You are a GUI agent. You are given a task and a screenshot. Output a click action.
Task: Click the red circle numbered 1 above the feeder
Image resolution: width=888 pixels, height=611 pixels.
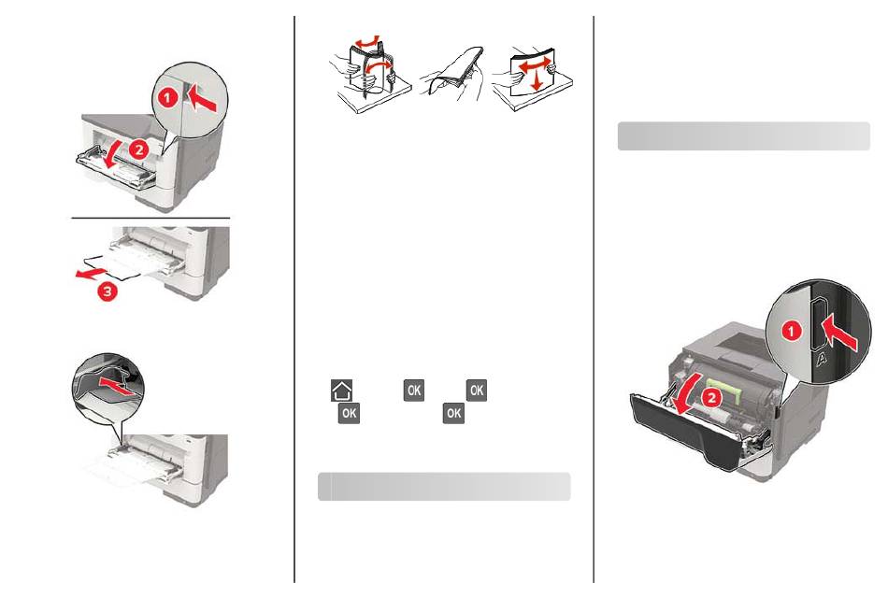point(167,98)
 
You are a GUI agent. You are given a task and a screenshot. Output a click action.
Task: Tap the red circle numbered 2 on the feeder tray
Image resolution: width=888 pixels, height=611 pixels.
point(138,149)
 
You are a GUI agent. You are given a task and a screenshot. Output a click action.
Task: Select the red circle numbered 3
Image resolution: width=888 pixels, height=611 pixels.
point(107,291)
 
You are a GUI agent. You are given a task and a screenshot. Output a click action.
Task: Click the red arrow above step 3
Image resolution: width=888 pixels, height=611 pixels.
point(92,273)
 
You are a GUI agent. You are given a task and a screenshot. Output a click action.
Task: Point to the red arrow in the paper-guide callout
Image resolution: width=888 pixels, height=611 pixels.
point(118,387)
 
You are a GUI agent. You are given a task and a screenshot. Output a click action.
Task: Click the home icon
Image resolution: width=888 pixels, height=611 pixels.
point(341,391)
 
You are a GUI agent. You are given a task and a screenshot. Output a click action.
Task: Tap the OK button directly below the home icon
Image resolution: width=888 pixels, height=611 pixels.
point(349,413)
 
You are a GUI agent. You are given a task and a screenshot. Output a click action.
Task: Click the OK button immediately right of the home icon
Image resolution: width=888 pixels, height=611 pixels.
point(414,391)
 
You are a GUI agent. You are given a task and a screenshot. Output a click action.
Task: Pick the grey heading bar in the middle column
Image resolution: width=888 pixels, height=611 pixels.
point(444,487)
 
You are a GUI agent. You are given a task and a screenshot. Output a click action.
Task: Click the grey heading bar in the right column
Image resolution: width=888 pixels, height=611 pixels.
point(744,135)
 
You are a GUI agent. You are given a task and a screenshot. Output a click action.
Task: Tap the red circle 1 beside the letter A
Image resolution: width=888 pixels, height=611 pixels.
point(791,331)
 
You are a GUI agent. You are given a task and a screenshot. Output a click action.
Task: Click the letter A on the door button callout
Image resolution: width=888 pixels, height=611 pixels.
point(822,358)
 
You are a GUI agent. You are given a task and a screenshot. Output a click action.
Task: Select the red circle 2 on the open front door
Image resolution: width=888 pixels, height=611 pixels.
point(711,397)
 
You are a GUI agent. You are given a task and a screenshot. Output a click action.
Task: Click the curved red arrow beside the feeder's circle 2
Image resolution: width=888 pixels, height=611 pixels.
point(116,155)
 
